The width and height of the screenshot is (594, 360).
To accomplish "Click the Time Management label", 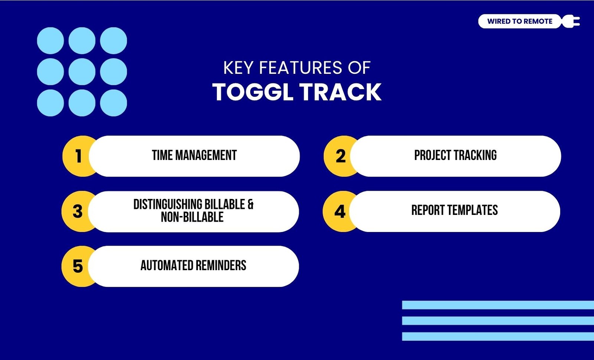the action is coord(195,156).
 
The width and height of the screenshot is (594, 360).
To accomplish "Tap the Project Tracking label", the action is coord(455,156).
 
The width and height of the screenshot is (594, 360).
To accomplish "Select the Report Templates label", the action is coord(454,210).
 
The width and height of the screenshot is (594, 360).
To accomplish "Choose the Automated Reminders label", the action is coord(193,265).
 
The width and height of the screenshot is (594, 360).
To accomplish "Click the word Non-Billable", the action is coord(192,217).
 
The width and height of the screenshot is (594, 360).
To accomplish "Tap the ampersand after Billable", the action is coord(251,204).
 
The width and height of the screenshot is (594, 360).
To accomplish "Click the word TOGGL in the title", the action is coord(253,92).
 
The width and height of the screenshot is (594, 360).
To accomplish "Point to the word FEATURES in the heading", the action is coord(301,68).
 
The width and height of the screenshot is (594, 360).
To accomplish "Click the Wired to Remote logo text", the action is coord(520,21).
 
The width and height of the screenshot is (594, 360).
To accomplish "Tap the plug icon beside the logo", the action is coord(571,21).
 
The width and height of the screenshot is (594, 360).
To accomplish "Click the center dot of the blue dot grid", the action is coord(82,72).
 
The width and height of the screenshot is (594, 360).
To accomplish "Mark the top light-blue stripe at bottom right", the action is coord(498,305).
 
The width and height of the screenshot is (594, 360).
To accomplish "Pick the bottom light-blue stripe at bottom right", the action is coord(498,336).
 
